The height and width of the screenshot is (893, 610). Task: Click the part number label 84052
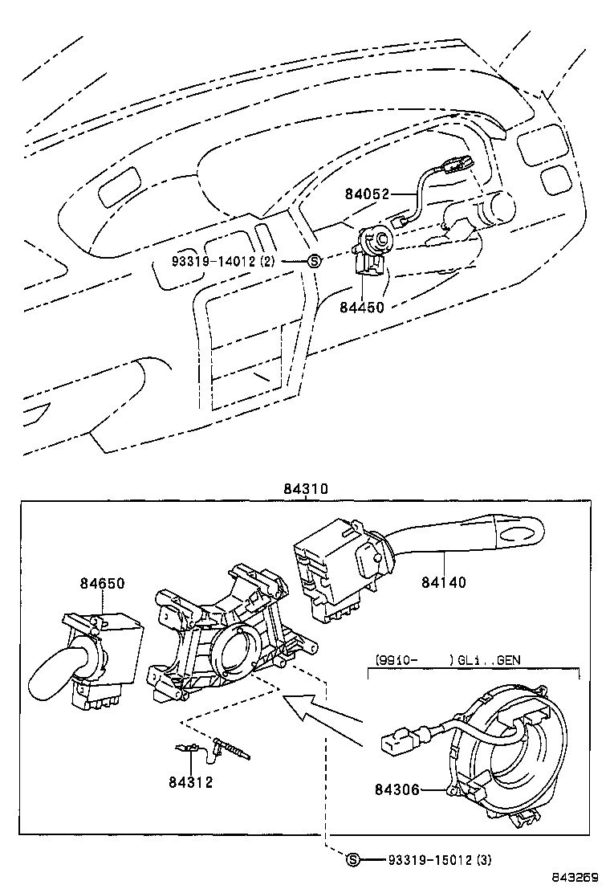click(x=367, y=194)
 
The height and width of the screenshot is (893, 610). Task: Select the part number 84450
click(x=362, y=307)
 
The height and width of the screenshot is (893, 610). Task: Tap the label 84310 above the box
click(x=306, y=489)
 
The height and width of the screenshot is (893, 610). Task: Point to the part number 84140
click(x=443, y=582)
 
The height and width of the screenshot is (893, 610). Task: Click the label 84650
click(x=102, y=583)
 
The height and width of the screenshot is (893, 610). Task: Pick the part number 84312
click(x=191, y=782)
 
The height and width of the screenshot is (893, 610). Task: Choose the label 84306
click(x=396, y=789)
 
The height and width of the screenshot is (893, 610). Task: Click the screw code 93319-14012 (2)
click(x=223, y=262)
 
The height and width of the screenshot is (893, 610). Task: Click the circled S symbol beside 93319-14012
click(x=314, y=262)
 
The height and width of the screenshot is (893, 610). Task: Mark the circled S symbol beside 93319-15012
click(x=352, y=860)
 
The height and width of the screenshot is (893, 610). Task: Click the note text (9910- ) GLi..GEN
click(x=448, y=660)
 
